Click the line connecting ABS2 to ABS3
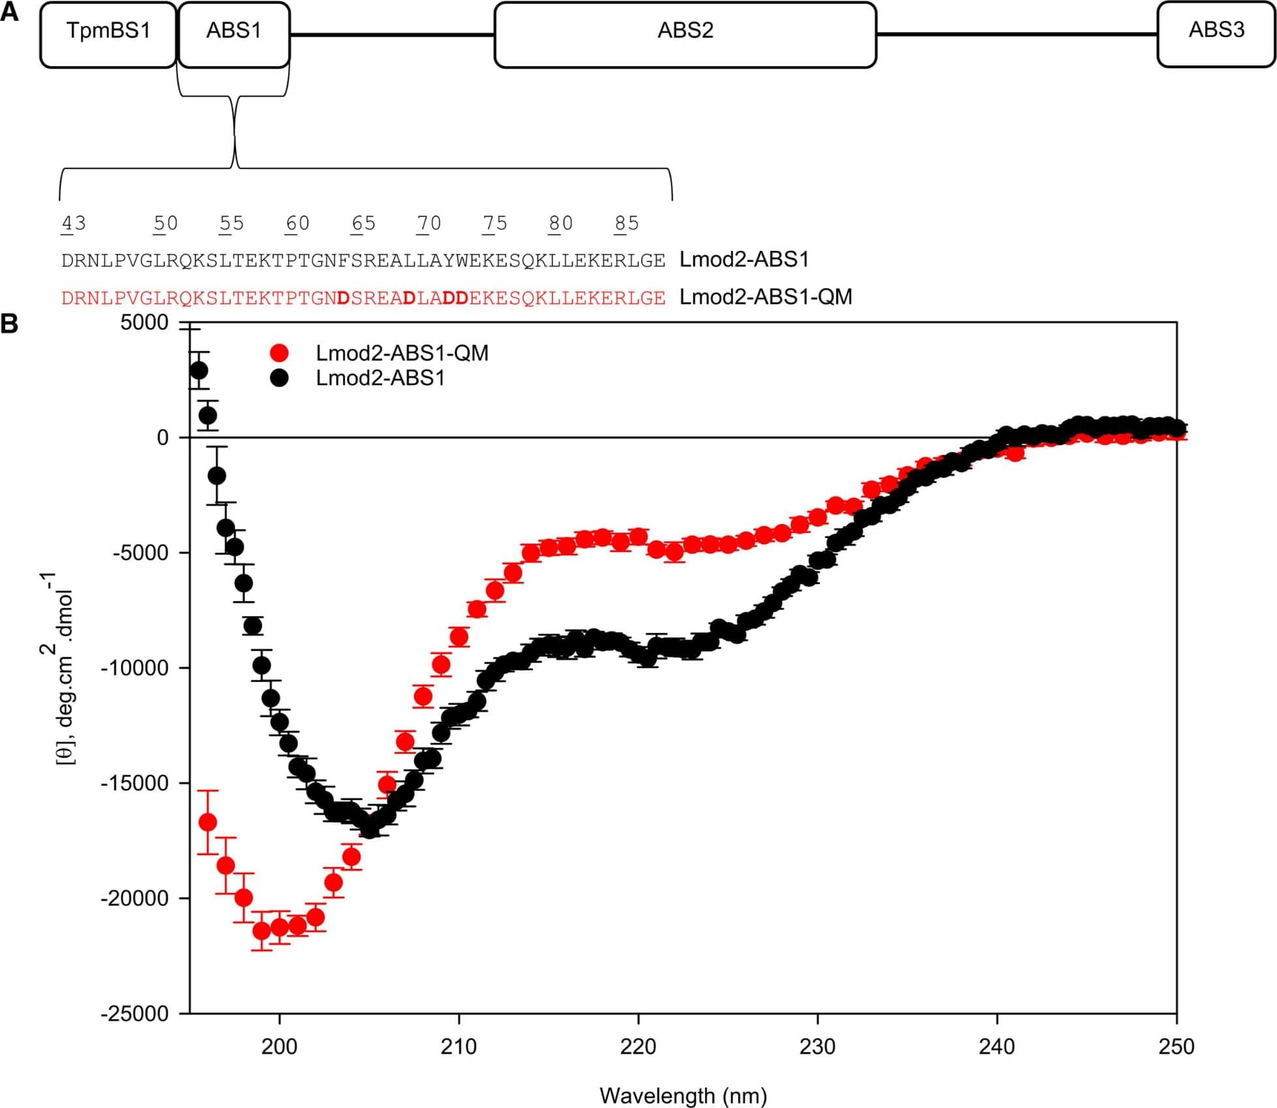pos(1016,34)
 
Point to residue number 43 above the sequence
pos(73,223)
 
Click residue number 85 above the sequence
pos(626,223)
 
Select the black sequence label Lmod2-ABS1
pos(744,260)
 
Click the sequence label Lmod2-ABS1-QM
pos(766,297)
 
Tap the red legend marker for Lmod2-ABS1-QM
pos(279,353)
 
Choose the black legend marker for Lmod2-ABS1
pos(279,378)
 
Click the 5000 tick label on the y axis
pos(144,323)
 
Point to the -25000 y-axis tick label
pos(135,1014)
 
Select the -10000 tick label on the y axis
pos(135,668)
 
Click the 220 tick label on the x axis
pos(638,1047)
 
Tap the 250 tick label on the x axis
pos(1176,1047)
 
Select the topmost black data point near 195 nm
pos(198,371)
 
